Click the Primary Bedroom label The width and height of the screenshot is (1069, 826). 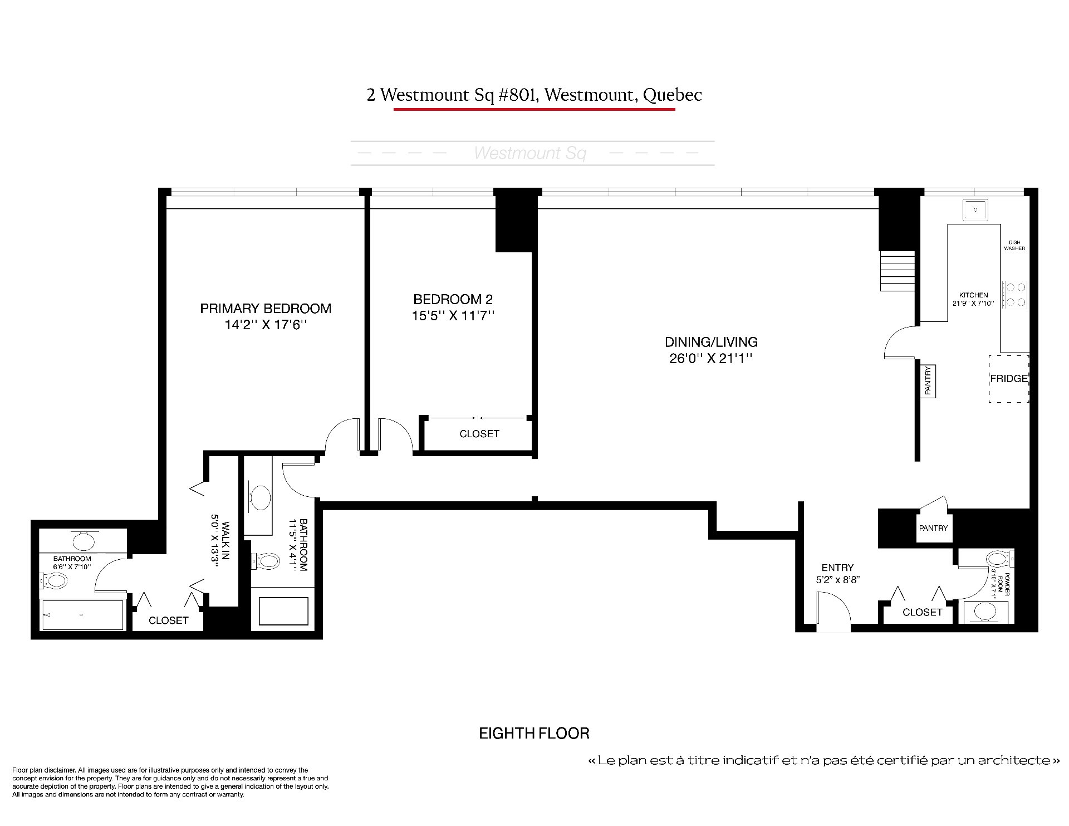click(266, 309)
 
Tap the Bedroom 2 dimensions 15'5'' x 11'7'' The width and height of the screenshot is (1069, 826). click(453, 316)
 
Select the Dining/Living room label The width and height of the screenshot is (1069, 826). click(711, 342)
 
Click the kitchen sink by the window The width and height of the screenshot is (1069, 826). click(975, 210)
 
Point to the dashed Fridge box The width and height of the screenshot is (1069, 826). click(1008, 379)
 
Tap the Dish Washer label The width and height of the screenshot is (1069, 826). click(1014, 245)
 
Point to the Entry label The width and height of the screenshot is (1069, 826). click(837, 568)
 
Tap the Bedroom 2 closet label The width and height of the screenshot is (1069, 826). click(479, 434)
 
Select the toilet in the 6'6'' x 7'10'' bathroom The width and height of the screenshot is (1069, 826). click(54, 581)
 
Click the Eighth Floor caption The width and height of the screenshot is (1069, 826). click(534, 734)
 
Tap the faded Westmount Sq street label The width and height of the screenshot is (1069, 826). click(529, 153)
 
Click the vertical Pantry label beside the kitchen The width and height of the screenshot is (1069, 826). click(928, 381)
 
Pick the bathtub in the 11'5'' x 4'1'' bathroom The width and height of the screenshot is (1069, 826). click(284, 612)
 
